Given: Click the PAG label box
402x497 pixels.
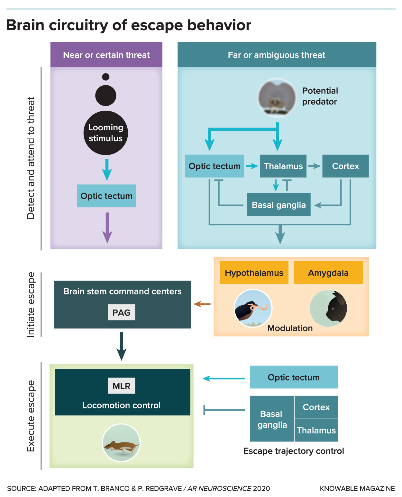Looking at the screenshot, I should point(122,312).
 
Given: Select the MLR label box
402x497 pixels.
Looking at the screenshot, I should point(122,386).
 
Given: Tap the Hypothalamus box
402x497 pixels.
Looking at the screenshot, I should point(254,273).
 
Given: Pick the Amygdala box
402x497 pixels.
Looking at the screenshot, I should point(328,273).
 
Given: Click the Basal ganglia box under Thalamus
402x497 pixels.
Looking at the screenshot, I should point(279,205).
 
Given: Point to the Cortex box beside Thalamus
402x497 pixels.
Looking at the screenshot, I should point(345,166).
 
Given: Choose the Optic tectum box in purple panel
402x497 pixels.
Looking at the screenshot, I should point(106,196).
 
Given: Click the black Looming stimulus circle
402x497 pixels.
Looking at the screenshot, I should point(106,133).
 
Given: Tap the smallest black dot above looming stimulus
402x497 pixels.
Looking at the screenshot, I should point(106,77).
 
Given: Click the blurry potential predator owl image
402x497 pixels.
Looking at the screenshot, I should point(277,98).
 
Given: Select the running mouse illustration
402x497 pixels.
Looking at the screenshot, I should point(121,443).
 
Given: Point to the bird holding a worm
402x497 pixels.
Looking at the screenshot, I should point(253,308).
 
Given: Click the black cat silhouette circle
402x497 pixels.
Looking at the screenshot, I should point(328,308).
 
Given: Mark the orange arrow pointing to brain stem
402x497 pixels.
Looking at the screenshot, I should point(202,304).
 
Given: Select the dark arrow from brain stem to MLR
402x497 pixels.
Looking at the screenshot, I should point(122,346).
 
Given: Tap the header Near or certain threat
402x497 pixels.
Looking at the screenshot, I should point(106,55).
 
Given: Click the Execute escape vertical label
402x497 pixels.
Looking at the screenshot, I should point(31,416).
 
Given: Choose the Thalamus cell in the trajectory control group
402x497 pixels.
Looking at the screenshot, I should point(316,430).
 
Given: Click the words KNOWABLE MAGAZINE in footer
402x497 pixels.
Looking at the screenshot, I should point(357,488).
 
